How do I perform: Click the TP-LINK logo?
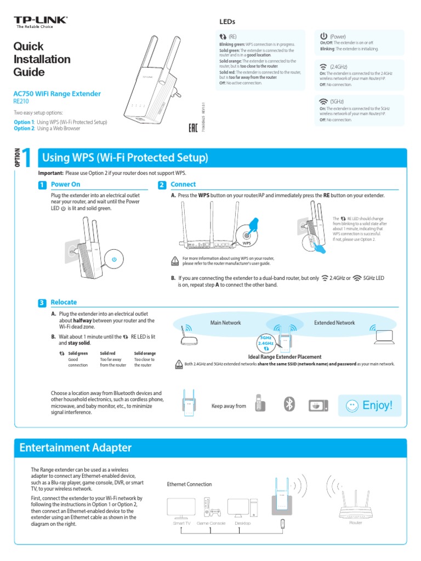click(x=41, y=21)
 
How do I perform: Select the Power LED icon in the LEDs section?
click(x=323, y=36)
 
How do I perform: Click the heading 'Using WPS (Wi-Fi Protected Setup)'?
click(x=126, y=158)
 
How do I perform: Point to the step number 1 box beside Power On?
click(x=42, y=185)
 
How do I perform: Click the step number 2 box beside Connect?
click(x=162, y=185)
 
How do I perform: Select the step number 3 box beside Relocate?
click(x=42, y=303)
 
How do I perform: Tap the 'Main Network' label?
click(x=226, y=323)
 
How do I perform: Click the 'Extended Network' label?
click(x=334, y=323)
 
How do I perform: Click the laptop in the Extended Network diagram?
click(x=384, y=338)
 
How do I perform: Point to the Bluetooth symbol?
click(x=289, y=404)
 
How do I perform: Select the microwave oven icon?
click(x=318, y=405)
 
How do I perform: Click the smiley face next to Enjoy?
click(x=353, y=406)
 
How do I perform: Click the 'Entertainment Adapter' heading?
click(x=76, y=448)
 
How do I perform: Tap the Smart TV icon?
click(x=181, y=508)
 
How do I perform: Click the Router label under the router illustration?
click(x=356, y=523)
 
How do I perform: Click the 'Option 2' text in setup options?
click(x=24, y=129)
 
